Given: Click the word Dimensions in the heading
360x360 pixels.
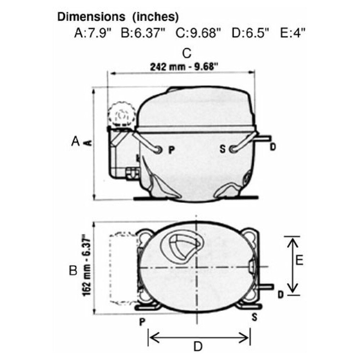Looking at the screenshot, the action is point(91,17).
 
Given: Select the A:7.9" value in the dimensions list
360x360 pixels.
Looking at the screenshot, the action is point(93,33).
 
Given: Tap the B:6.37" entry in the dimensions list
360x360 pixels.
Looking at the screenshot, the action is point(143,33).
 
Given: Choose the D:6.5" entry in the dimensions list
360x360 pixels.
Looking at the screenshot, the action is point(250,33).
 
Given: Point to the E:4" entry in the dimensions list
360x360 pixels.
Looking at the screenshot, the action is point(293,33).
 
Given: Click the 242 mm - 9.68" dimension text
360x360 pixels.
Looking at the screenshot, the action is point(184,67).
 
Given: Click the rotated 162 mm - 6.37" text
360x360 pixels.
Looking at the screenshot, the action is point(87,265).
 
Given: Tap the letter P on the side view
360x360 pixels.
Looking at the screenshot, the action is point(171,150).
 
